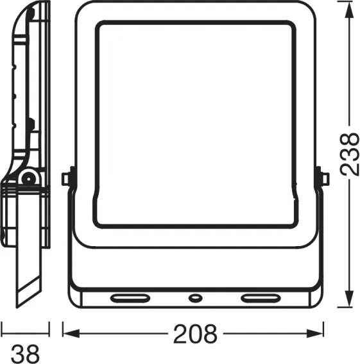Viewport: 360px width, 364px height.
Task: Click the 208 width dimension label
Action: [195, 334]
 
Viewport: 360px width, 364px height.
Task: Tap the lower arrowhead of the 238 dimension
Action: [348, 298]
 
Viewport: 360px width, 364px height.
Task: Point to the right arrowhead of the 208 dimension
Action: [314, 334]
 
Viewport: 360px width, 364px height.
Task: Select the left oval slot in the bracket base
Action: [130, 298]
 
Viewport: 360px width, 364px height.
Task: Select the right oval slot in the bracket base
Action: [261, 298]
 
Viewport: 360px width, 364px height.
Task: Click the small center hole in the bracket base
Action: [195, 298]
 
